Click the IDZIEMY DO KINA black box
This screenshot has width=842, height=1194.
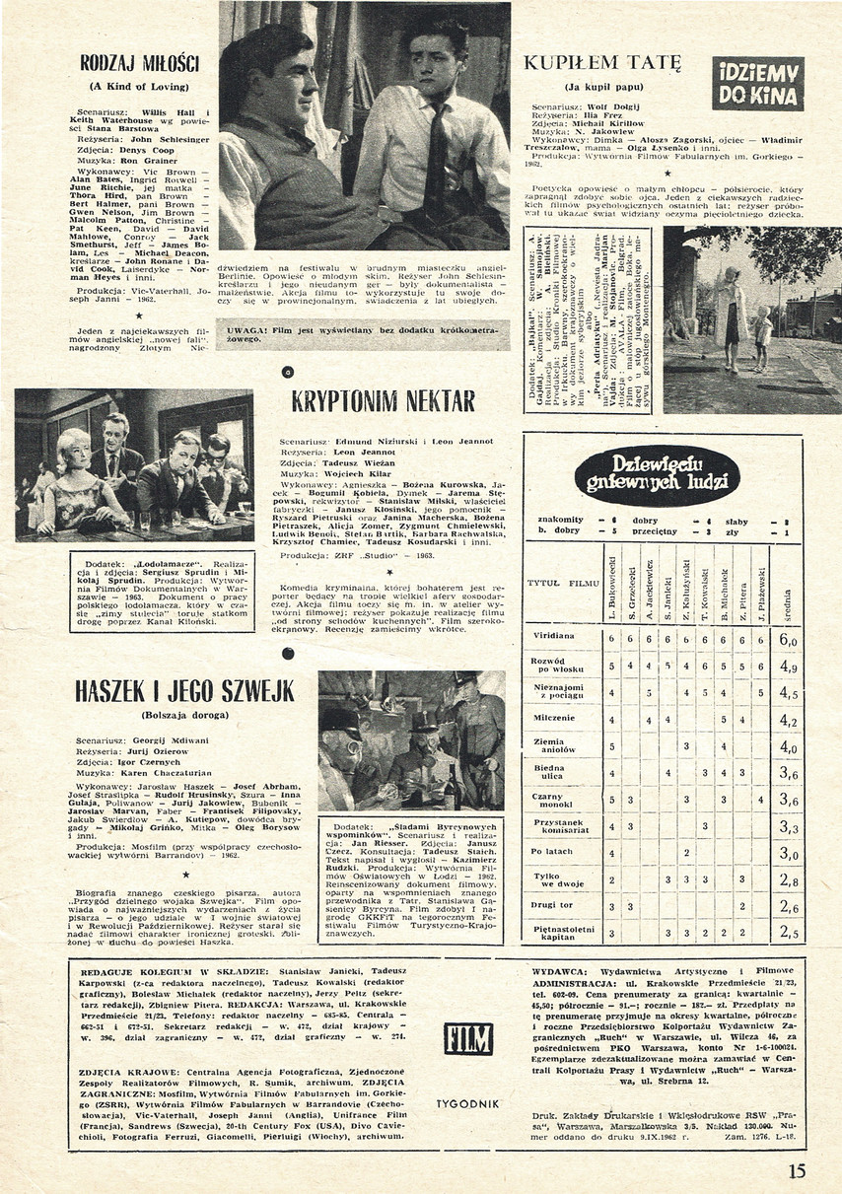point(758,83)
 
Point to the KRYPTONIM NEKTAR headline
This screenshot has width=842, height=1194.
point(384,400)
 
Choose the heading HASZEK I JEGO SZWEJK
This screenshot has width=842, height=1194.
point(172,691)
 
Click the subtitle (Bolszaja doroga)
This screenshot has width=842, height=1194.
point(172,715)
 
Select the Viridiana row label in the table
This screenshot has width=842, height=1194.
point(553,638)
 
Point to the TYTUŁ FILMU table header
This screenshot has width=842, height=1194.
point(564,584)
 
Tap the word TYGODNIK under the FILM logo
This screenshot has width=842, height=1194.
point(468,1103)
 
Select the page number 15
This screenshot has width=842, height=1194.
point(797,1170)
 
